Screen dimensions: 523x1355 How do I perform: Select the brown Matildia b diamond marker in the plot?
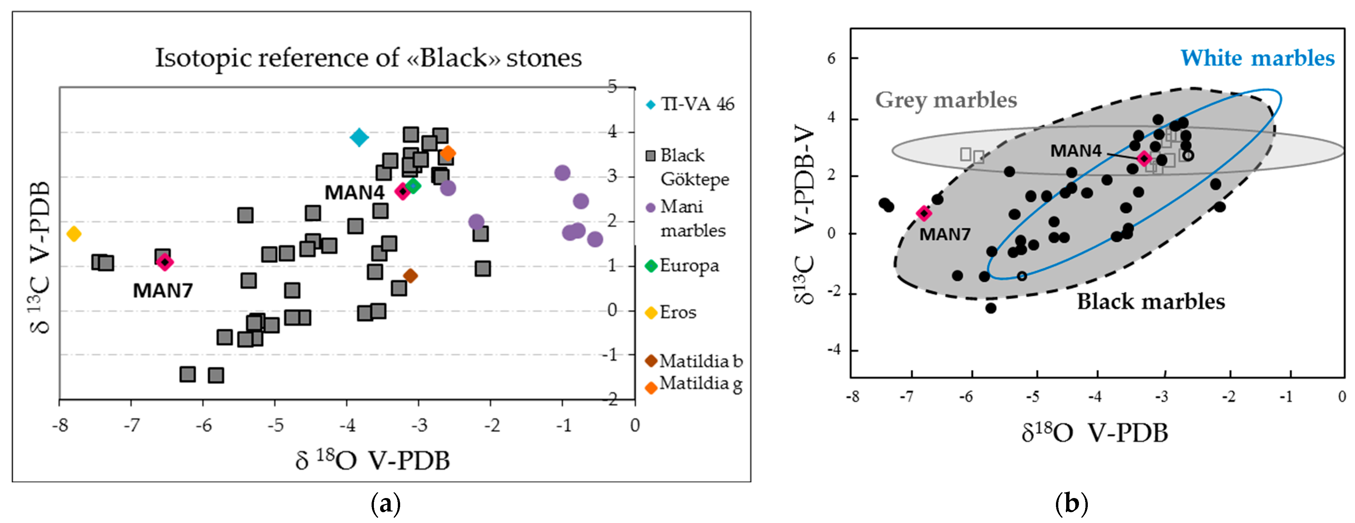[410, 275]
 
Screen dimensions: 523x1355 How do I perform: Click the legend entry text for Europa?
[689, 266]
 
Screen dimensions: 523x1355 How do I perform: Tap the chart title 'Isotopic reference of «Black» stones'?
[368, 58]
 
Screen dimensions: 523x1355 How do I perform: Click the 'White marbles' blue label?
[1257, 58]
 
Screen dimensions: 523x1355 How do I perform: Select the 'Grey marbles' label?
[946, 100]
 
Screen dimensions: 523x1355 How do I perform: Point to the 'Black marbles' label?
[1151, 301]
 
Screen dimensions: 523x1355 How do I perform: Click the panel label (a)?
[386, 504]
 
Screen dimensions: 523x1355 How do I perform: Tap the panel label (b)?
[1071, 504]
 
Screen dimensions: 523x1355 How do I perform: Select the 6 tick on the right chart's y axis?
[831, 58]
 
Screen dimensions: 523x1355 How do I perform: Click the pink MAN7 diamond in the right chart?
[924, 213]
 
